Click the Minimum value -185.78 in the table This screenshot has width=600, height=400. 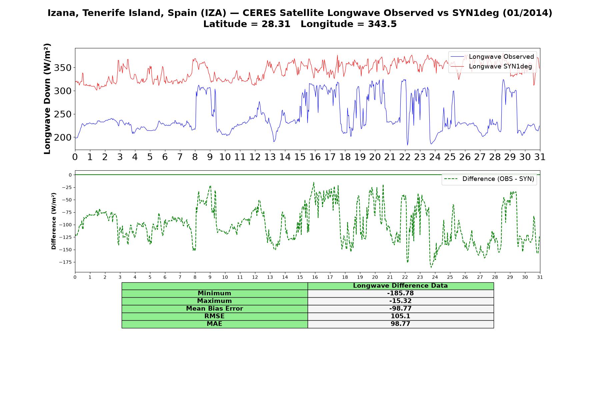(400, 293)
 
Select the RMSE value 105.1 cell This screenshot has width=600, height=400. (400, 316)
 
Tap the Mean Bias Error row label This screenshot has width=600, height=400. (214, 309)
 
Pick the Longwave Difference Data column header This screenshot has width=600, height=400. (400, 286)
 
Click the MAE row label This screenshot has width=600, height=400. (214, 324)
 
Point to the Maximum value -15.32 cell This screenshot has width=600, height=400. (400, 301)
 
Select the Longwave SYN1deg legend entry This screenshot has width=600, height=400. (491, 66)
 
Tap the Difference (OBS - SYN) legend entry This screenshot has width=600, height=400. (489, 179)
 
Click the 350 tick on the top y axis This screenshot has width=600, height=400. (63, 68)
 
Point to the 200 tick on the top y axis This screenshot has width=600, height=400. (63, 137)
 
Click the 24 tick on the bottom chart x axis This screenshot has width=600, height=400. (435, 277)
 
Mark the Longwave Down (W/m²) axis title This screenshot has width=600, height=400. (47, 99)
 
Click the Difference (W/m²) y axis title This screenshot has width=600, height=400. (54, 221)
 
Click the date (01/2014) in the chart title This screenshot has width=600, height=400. (527, 13)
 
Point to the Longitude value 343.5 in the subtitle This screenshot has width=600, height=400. (382, 24)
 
